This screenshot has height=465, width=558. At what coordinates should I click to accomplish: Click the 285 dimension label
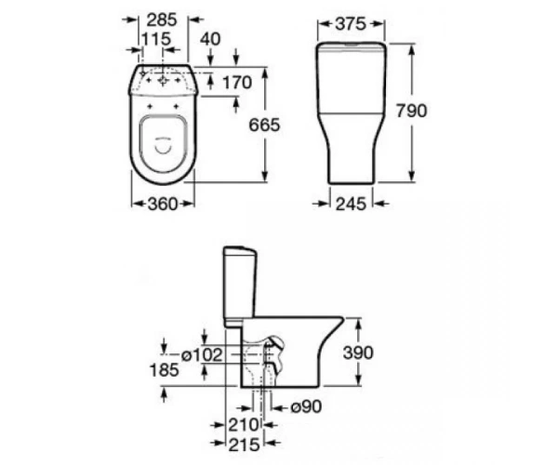162,20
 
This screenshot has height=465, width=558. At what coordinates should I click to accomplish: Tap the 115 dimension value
156,39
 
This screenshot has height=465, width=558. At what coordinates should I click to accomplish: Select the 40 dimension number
210,39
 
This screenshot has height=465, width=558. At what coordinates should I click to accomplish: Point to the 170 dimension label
237,83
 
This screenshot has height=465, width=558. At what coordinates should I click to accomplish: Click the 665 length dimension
264,125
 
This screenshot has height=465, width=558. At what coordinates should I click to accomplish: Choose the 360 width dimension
162,204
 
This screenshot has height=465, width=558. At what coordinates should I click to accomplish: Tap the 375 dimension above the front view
351,24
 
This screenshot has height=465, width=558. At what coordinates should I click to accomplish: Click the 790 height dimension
411,111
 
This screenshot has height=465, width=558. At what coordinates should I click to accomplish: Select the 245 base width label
351,204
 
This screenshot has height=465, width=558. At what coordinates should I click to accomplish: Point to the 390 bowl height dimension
358,352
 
